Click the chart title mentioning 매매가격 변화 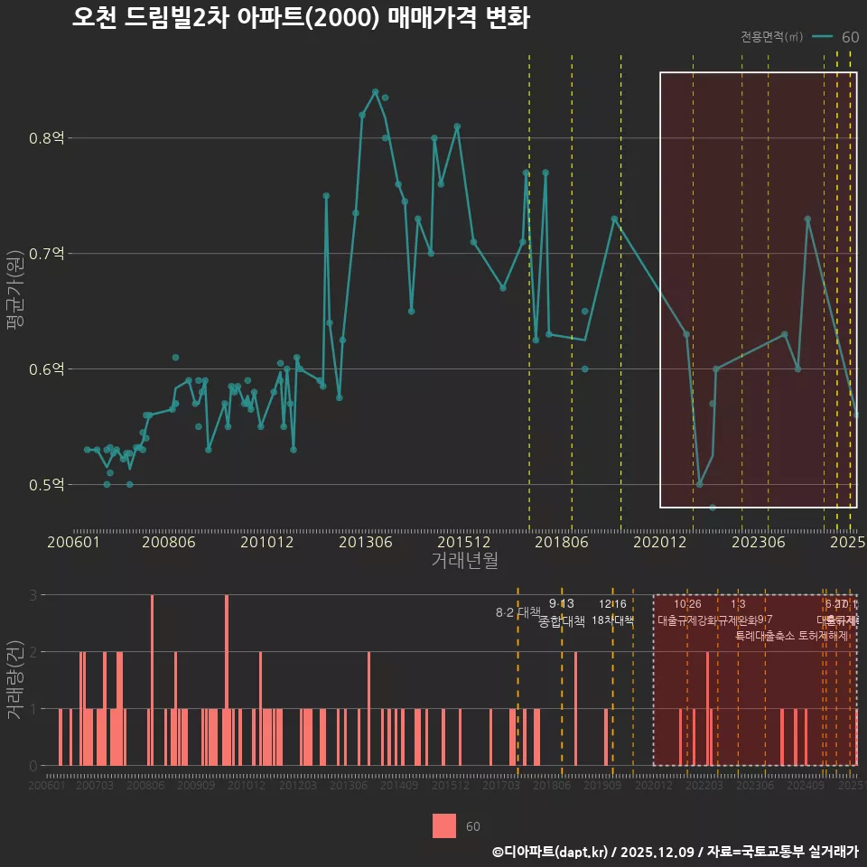[301, 19]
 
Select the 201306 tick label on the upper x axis [365, 542]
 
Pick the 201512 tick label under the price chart [463, 542]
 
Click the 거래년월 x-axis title [464, 561]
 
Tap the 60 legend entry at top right [849, 37]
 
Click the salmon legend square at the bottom [444, 826]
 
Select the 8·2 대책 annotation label [518, 612]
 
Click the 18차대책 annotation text [613, 620]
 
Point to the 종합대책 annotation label [562, 621]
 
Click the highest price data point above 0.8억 [375, 91]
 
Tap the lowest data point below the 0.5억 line [713, 508]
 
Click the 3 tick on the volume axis [33, 595]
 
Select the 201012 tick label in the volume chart [246, 787]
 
